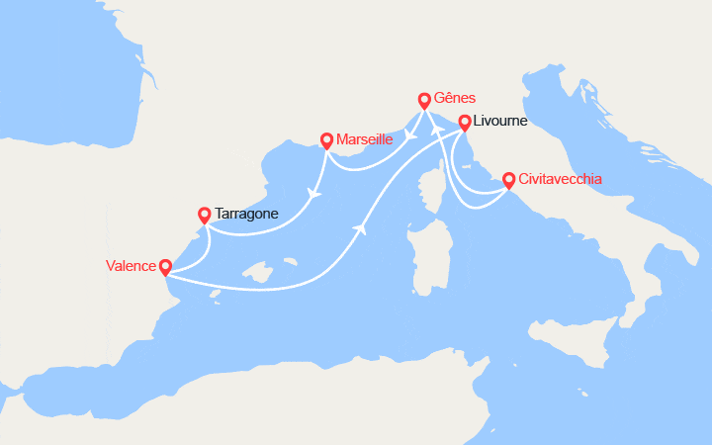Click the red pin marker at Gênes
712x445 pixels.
coord(424,100)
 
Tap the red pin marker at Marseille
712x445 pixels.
coord(326,141)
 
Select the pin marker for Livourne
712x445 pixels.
coord(464,123)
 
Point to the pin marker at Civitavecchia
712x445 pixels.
coord(508,180)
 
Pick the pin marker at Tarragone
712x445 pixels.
coord(204,214)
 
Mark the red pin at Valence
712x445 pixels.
coord(164,267)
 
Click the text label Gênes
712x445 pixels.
coord(456,98)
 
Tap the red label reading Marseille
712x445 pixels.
coord(365,139)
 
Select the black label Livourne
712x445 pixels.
coord(500,122)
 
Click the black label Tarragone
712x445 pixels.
coord(246,213)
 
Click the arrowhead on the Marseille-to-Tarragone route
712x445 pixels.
coord(315,194)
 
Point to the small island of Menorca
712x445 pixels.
coord(291,263)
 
